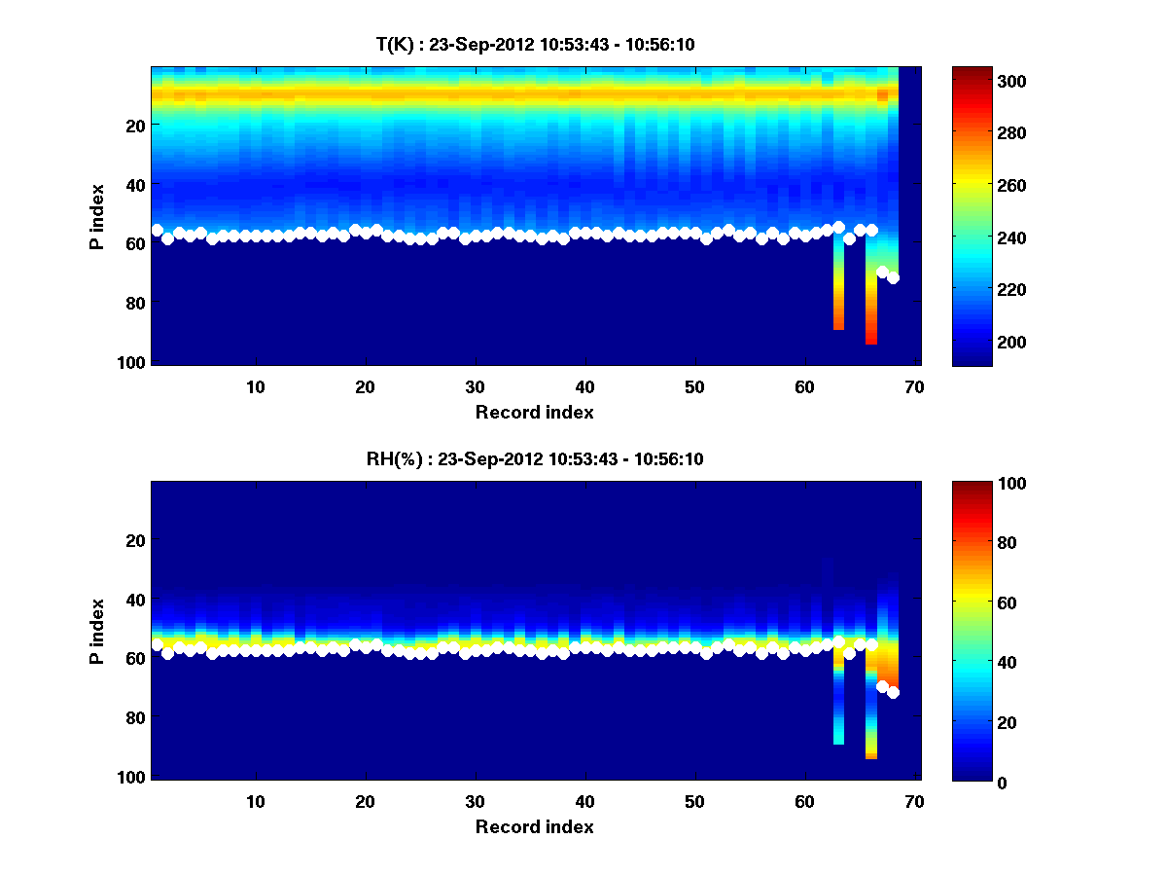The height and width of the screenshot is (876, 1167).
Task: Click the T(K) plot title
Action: coord(535,44)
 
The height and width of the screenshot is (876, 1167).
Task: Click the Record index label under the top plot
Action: coord(534,412)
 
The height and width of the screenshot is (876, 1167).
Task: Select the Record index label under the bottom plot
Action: coord(534,826)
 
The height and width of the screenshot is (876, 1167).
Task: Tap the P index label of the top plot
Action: coord(97,215)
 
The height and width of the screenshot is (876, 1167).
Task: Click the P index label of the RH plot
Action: coord(97,630)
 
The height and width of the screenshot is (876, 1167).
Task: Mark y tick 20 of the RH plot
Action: coord(136,540)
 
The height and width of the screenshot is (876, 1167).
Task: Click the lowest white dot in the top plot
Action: coord(893,278)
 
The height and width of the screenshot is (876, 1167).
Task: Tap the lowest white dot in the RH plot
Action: coord(893,693)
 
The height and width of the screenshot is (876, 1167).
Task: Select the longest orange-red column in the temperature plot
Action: coord(871,311)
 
